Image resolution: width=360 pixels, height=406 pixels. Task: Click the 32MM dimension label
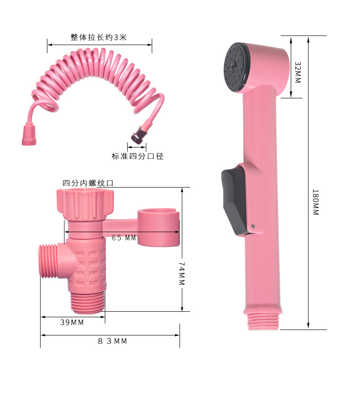click(x=298, y=72)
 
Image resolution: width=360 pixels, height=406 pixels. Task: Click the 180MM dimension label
click(x=315, y=202)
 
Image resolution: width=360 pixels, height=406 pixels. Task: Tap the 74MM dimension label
click(x=182, y=274)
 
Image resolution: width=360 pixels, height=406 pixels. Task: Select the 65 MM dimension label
click(x=124, y=238)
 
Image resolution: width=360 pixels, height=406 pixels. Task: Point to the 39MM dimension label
click(x=72, y=322)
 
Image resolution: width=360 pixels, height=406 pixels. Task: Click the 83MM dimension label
click(x=113, y=341)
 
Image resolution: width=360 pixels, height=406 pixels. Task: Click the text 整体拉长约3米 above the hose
click(x=99, y=37)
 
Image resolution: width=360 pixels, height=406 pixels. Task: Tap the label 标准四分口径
click(x=138, y=156)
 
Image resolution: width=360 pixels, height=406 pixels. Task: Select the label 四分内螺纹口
click(x=88, y=183)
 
